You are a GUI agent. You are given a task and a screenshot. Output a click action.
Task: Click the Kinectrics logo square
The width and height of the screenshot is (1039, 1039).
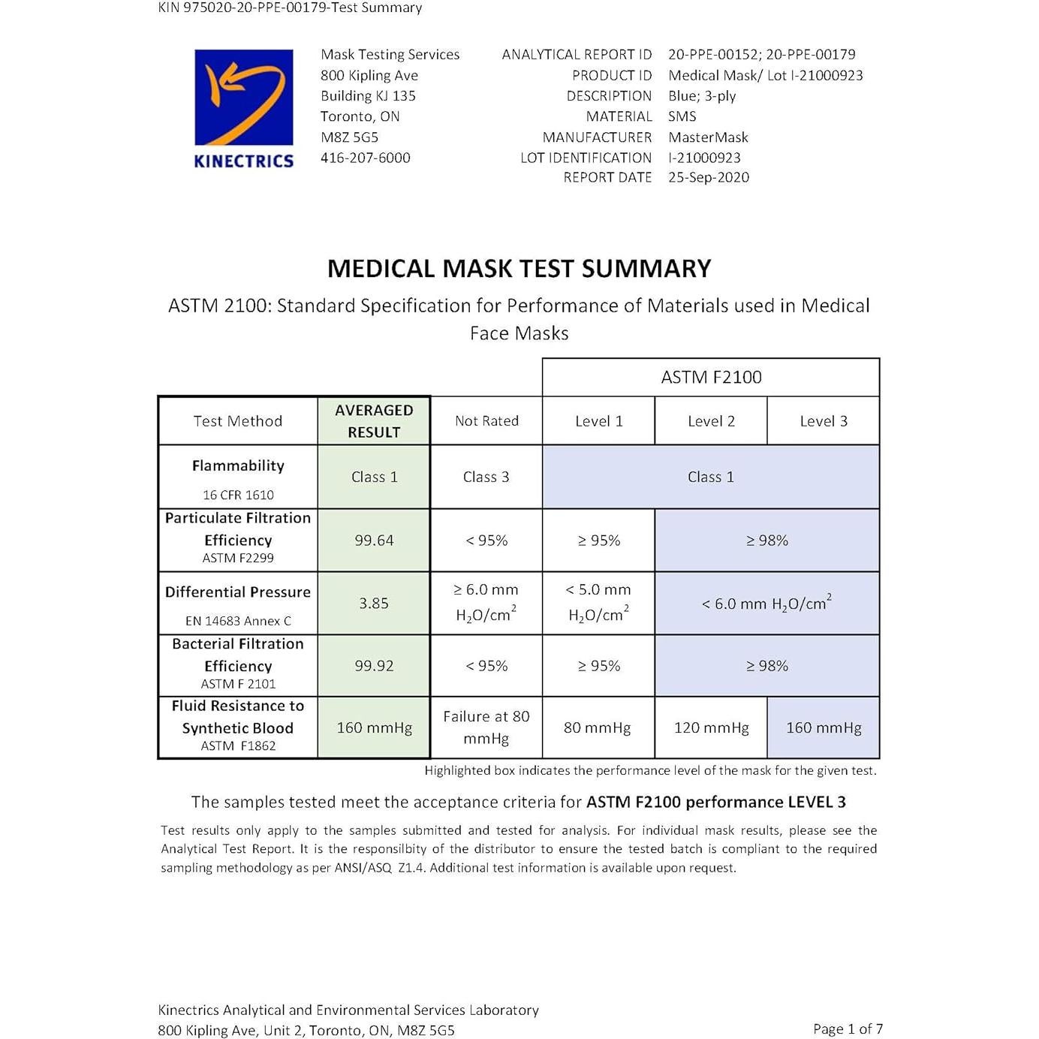[x=243, y=97]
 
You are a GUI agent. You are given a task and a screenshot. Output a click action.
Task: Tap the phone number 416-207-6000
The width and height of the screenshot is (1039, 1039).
[x=365, y=158]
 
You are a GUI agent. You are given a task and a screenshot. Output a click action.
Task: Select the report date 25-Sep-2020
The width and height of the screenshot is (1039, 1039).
[x=708, y=177]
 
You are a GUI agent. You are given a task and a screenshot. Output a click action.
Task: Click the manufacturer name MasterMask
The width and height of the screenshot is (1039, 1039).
[x=708, y=137]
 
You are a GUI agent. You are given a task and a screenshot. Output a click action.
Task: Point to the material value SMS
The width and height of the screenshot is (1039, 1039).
[x=682, y=116]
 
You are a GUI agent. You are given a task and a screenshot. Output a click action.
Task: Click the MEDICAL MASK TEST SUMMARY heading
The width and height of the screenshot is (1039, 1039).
[x=519, y=269]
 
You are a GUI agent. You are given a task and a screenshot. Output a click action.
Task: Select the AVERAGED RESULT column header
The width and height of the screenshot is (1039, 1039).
[x=374, y=421]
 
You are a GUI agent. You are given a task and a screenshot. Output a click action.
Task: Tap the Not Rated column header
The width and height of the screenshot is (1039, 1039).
[x=486, y=421]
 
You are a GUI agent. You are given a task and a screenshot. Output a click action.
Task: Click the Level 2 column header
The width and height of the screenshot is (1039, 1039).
[x=711, y=421]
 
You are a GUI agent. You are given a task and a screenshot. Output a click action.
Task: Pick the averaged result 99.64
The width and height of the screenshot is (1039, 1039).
[x=374, y=541]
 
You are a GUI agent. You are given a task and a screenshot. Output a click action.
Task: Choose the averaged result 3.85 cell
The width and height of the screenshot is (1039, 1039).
[x=374, y=604]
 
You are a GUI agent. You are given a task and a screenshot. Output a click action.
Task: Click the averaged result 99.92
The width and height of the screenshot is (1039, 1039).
[x=374, y=666]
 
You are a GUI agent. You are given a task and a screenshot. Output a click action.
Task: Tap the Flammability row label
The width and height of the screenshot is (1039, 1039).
[x=238, y=466]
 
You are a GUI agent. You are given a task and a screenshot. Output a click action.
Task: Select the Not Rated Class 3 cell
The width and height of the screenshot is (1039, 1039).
[x=486, y=477]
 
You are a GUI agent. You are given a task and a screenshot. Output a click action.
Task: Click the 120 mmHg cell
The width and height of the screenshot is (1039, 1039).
[x=711, y=727]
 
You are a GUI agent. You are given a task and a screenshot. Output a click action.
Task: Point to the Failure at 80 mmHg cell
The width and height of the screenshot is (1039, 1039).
[x=486, y=727]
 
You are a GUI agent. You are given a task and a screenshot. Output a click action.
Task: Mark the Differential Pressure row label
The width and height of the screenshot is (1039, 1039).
[x=238, y=592]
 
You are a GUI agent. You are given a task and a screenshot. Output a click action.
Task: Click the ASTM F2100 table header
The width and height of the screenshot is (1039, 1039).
[x=711, y=378]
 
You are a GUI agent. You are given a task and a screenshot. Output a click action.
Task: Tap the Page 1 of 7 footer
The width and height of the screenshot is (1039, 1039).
[x=848, y=1028]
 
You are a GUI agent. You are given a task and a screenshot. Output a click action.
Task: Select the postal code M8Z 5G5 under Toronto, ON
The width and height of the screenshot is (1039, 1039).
[x=349, y=137]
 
